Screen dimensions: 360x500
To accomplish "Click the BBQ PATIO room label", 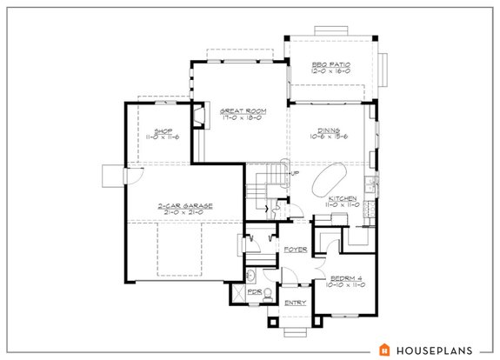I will point(330,64).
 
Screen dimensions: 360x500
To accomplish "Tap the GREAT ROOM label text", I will point(242,111).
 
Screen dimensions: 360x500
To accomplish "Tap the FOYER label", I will point(296,250).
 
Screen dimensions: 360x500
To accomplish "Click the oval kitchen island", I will point(328,180).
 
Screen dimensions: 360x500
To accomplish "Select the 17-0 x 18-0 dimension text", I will point(242,118).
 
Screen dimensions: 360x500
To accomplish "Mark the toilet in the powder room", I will point(249,277).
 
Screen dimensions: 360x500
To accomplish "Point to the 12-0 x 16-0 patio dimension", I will point(330,71).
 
